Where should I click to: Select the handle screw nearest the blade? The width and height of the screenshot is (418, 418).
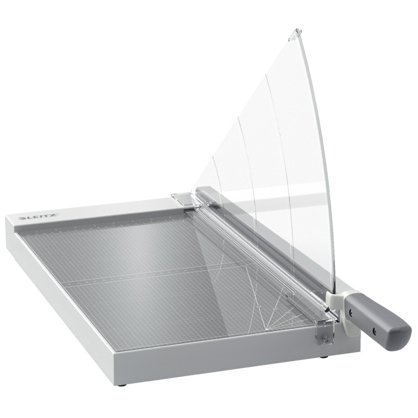351,312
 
